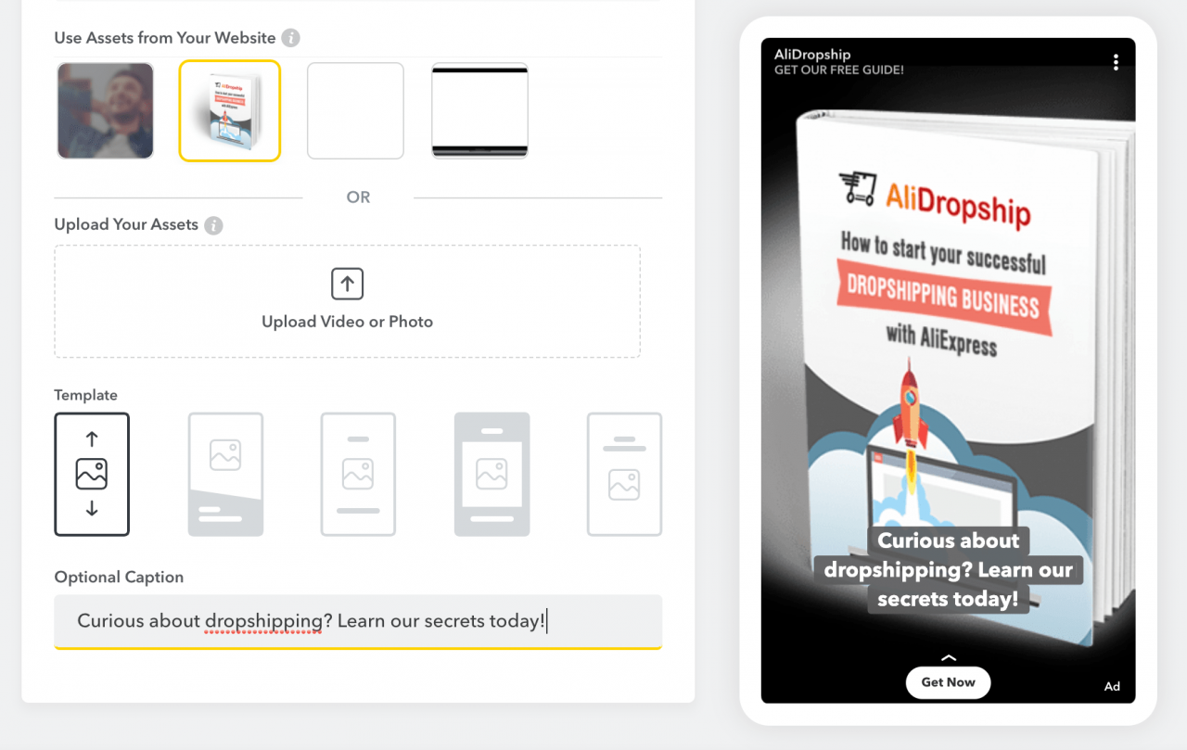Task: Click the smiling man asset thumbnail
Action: (106, 110)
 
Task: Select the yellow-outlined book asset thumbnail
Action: (230, 110)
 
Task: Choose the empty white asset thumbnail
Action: (355, 110)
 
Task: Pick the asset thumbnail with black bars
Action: (479, 110)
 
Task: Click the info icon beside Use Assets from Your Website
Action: (291, 38)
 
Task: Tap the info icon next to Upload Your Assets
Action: (213, 225)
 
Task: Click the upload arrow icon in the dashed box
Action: (347, 285)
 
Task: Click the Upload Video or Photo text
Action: (347, 322)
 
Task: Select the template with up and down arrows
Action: (92, 474)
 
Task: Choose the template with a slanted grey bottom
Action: (225, 474)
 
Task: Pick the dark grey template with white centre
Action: (491, 474)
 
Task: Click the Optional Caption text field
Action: (358, 621)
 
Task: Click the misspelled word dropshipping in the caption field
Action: (263, 621)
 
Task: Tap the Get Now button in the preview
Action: (948, 682)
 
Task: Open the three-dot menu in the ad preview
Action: (1116, 62)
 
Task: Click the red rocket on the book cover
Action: (910, 408)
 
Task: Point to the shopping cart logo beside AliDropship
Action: (857, 188)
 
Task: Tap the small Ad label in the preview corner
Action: (1112, 687)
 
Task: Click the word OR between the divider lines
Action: (358, 197)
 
